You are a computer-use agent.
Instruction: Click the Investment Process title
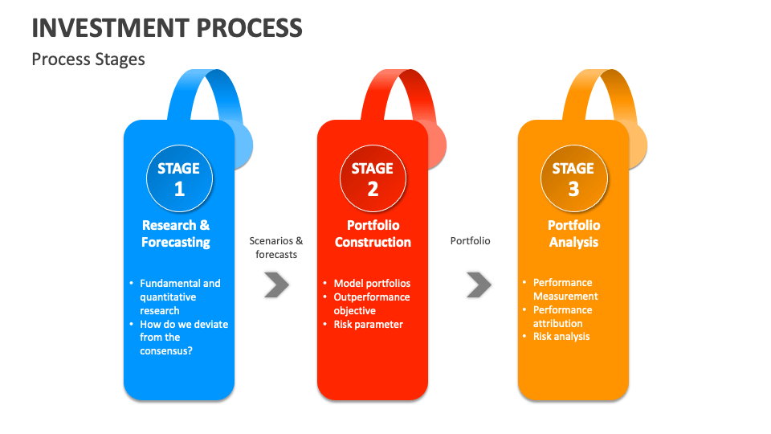click(x=167, y=28)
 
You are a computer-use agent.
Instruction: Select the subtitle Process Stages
click(x=88, y=59)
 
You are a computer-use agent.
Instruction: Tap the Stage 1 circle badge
click(x=179, y=178)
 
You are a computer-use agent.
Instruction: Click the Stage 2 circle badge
click(x=373, y=178)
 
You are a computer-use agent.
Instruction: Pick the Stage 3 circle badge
click(x=573, y=178)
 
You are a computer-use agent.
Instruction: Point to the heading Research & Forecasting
click(x=176, y=234)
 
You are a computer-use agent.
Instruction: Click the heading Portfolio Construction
click(x=373, y=234)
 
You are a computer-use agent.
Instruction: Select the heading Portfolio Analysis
click(x=573, y=234)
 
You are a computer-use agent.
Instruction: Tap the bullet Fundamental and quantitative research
click(x=179, y=297)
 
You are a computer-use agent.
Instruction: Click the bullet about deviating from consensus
click(x=183, y=338)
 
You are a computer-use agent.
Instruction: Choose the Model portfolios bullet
click(x=372, y=283)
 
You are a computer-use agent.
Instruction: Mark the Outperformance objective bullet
click(x=371, y=304)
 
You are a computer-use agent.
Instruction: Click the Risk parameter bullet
click(x=368, y=325)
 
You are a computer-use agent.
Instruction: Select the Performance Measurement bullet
click(x=565, y=289)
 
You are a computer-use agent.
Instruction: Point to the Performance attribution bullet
click(x=562, y=317)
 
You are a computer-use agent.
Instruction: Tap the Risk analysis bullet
click(x=561, y=337)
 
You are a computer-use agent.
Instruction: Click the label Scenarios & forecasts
click(x=276, y=248)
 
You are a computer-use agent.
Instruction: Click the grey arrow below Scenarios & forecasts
click(x=276, y=285)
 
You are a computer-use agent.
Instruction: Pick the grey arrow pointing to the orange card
click(x=479, y=284)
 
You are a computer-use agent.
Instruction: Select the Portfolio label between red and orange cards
click(x=470, y=241)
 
